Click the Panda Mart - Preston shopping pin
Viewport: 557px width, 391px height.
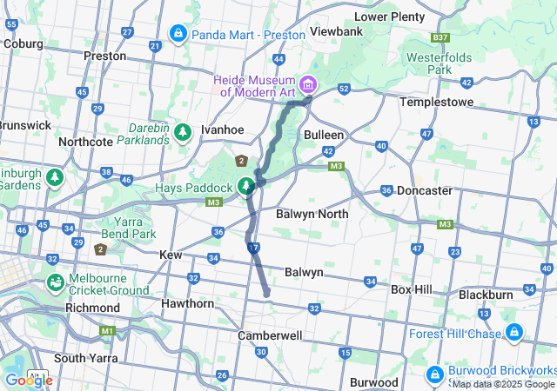[178, 34]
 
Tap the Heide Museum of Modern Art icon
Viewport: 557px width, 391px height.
[309, 85]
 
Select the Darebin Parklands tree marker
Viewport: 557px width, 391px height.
[182, 132]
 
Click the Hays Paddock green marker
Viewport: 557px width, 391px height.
[247, 186]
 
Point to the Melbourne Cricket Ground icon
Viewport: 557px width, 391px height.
[55, 283]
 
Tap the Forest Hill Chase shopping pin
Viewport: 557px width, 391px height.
[514, 333]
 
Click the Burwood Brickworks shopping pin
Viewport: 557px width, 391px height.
[434, 374]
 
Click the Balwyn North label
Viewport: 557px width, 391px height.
[312, 214]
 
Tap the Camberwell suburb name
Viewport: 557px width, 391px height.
[270, 335]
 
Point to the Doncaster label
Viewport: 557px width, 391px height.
[424, 190]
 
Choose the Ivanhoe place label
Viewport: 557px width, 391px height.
[221, 129]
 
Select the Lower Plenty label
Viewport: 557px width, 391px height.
[389, 16]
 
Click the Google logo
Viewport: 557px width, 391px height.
[28, 380]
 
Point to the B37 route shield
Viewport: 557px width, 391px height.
[440, 37]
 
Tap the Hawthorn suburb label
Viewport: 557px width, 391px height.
[187, 303]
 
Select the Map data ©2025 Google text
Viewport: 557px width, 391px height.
[503, 384]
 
